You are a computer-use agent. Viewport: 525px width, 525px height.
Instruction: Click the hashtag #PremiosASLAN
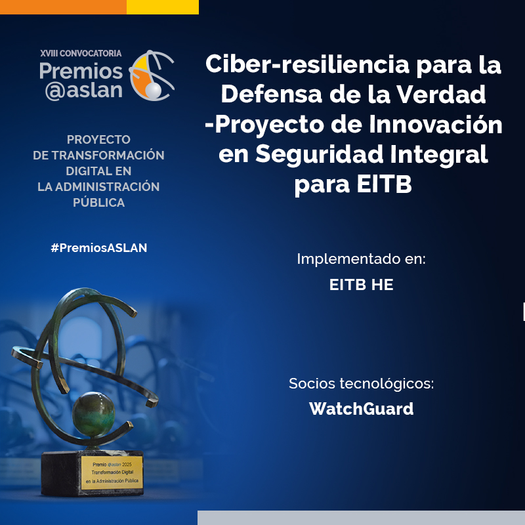[98, 248]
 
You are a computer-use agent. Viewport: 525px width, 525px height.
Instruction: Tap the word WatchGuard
[361, 409]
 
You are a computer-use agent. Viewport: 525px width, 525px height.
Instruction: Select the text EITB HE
[361, 285]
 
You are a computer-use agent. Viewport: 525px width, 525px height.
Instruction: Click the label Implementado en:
[361, 259]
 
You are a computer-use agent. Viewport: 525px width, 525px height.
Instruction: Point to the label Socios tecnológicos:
[361, 383]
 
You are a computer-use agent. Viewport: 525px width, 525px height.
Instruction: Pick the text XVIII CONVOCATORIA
[81, 52]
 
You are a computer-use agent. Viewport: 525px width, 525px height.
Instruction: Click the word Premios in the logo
[81, 70]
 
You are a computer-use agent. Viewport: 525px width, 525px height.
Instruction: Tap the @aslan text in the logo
[83, 90]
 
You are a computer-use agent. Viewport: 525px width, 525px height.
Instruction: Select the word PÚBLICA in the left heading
[98, 203]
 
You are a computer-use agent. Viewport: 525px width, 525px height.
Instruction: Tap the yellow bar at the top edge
[162, 7]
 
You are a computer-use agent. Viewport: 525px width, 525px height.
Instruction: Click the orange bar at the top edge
[63, 7]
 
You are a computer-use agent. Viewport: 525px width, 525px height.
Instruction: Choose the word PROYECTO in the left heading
[98, 140]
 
